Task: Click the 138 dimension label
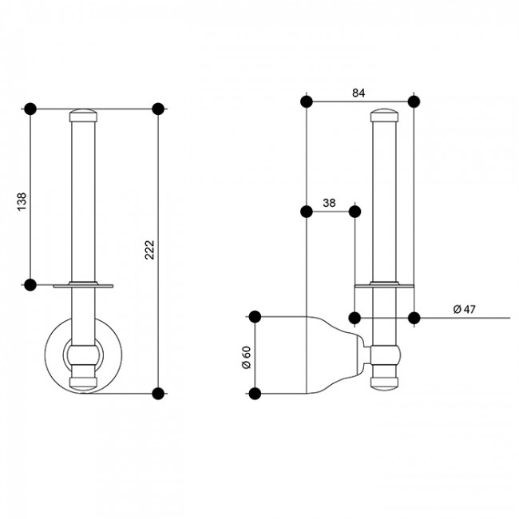coord(22,201)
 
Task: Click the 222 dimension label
coord(150,250)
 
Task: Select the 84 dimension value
coord(359,93)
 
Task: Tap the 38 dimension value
coord(329,203)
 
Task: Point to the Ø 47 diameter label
coord(464,310)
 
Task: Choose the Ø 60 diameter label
coord(247,358)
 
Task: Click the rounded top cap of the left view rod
coord(83,116)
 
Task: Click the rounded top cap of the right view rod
coord(384,116)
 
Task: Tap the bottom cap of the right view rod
coord(384,383)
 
